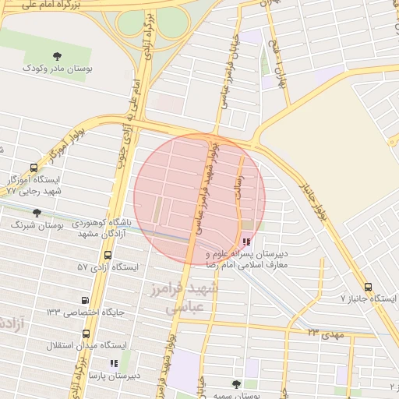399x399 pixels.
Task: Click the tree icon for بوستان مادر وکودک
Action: click(x=58, y=55)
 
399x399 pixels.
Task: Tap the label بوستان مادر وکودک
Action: click(x=58, y=69)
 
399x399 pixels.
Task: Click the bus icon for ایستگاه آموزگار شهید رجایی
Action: click(x=34, y=168)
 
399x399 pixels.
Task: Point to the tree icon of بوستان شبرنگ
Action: click(x=37, y=213)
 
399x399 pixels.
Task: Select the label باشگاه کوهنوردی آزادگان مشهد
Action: click(x=103, y=228)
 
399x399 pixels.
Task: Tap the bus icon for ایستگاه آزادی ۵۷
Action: click(x=108, y=255)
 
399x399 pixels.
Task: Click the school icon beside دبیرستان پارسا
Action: click(x=113, y=362)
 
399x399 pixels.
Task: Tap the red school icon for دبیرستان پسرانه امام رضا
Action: click(x=247, y=242)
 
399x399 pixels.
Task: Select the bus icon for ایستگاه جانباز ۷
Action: click(x=369, y=286)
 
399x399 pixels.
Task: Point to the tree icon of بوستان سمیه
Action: click(x=236, y=384)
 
